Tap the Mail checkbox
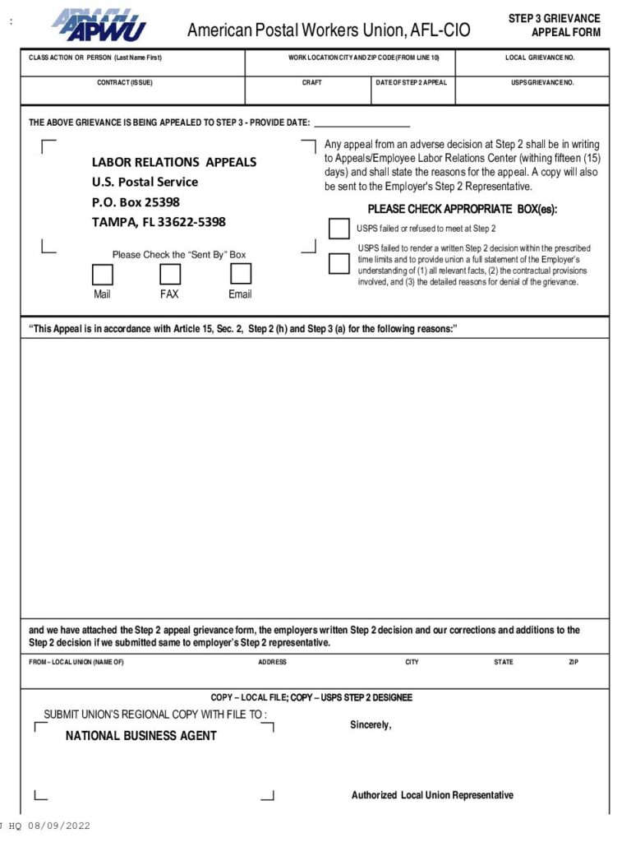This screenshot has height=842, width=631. (103, 274)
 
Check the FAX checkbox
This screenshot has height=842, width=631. (170, 274)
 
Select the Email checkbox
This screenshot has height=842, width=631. (240, 274)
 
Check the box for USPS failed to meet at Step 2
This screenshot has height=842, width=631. (339, 229)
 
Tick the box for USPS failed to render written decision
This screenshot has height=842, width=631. (339, 264)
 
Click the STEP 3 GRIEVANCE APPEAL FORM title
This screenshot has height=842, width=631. (554, 25)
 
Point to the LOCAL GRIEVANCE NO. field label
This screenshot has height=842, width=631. (540, 58)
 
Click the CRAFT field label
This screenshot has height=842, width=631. (312, 83)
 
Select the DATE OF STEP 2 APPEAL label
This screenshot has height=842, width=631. (412, 83)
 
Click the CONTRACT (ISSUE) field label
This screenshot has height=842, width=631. (125, 83)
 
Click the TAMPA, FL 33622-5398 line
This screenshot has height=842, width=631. (159, 222)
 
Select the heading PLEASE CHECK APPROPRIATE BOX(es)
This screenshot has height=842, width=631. (462, 209)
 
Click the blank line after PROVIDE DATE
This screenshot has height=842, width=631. (362, 123)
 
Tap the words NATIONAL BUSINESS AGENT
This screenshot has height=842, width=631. (141, 736)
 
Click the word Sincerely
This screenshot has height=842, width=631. (371, 725)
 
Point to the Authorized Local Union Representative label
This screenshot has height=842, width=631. (432, 795)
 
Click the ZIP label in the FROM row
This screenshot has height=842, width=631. (573, 662)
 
